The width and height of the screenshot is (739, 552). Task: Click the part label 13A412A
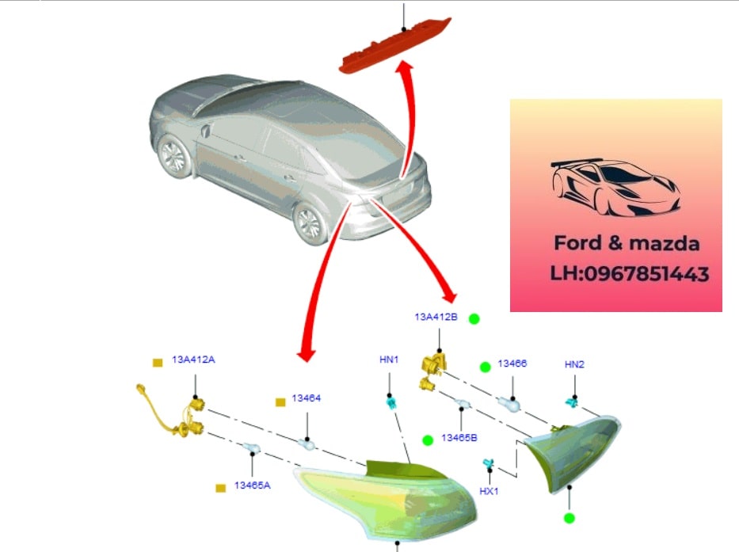(x=193, y=360)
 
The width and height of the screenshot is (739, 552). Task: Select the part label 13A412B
(x=436, y=317)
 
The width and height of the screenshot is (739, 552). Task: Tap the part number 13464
(x=306, y=398)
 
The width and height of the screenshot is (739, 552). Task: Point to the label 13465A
(x=252, y=485)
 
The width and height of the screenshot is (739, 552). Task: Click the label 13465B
(x=459, y=437)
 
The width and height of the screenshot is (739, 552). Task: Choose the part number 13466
(x=512, y=364)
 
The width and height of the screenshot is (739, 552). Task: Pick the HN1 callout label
(x=389, y=360)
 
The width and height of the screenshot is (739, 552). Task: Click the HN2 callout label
(x=574, y=364)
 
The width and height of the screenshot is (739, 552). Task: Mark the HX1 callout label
(x=489, y=491)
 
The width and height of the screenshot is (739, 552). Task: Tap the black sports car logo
(x=615, y=187)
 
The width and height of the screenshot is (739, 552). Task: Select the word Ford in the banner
(x=580, y=242)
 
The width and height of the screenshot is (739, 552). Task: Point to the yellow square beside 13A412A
(x=158, y=362)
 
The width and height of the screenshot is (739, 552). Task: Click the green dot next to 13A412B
(x=474, y=319)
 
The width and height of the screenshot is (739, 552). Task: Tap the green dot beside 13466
(x=485, y=367)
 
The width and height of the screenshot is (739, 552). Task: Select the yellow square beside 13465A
(x=221, y=488)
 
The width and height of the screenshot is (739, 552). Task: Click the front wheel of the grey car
(x=174, y=156)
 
